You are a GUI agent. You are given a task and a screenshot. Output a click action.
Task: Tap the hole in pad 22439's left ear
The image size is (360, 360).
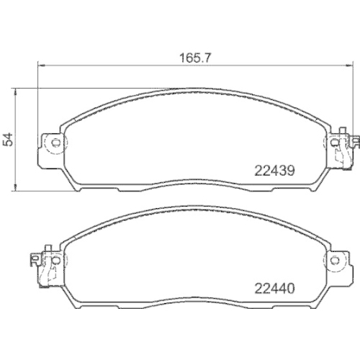coord(52,142)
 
